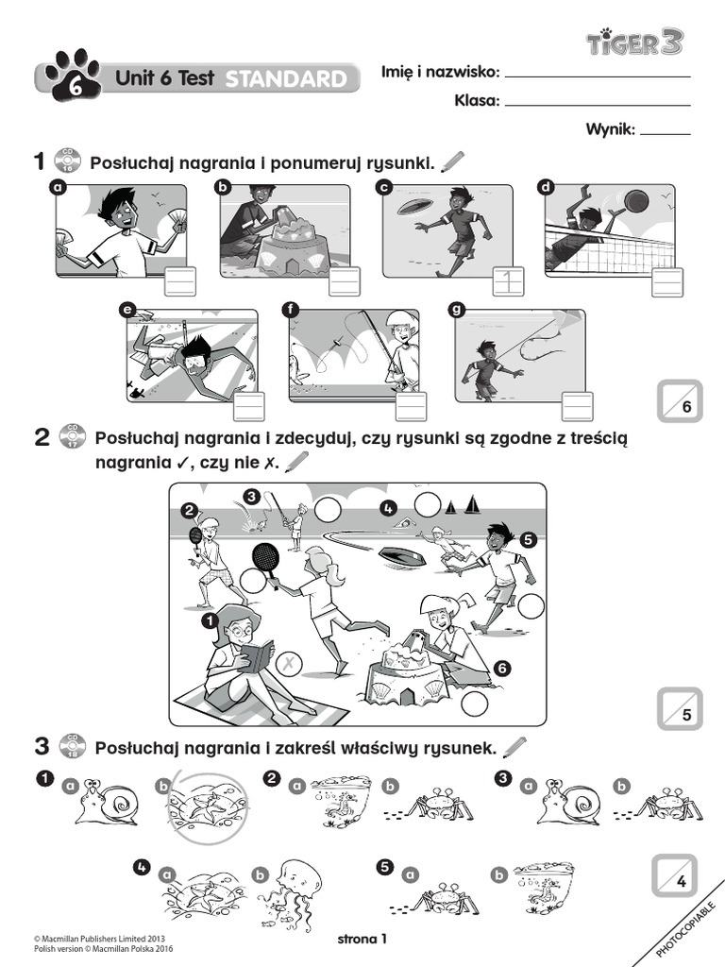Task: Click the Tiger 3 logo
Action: pyautogui.click(x=635, y=42)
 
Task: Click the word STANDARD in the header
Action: pyautogui.click(x=285, y=80)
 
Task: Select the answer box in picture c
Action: pyautogui.click(x=508, y=280)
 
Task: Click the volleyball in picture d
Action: pyautogui.click(x=637, y=202)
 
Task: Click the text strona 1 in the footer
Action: pyautogui.click(x=362, y=939)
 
